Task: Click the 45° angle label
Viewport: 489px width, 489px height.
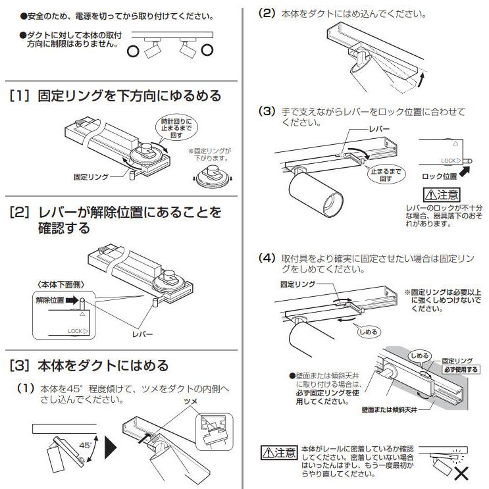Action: click(85, 446)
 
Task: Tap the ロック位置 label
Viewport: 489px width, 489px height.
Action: click(440, 176)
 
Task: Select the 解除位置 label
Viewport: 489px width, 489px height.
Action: click(50, 299)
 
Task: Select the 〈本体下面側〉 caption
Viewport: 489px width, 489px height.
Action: click(57, 284)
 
